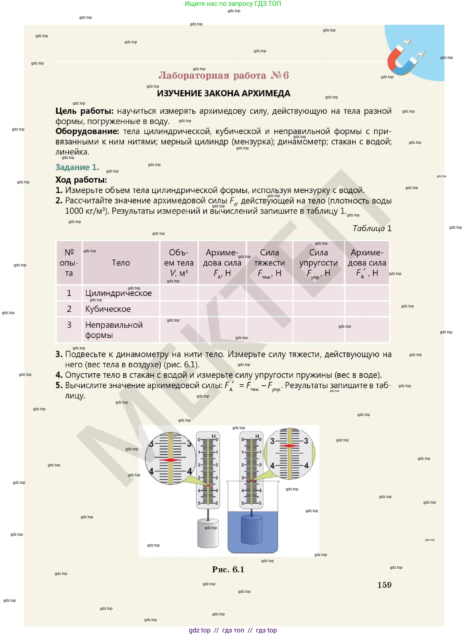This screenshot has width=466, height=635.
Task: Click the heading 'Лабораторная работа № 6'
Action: tap(223, 75)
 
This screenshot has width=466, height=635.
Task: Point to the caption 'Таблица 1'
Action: tap(372, 228)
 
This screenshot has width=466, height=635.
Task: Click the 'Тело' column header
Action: tap(121, 263)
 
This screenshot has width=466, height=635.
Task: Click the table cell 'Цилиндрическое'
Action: tap(118, 293)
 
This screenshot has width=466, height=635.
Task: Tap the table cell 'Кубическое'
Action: tap(108, 309)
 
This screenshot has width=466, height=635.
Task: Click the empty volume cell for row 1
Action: tap(179, 293)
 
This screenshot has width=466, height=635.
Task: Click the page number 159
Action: tap(384, 585)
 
